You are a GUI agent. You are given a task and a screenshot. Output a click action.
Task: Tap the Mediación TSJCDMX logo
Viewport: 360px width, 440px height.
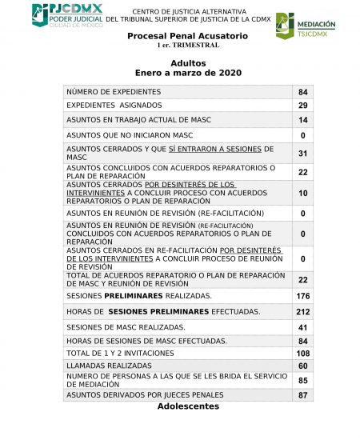tap(306, 26)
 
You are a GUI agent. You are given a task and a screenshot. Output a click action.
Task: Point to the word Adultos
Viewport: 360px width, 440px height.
tap(188, 62)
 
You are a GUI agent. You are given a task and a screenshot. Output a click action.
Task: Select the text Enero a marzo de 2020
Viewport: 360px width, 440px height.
tap(188, 73)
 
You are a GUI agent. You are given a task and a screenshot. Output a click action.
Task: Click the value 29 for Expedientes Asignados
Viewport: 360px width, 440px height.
tap(302, 106)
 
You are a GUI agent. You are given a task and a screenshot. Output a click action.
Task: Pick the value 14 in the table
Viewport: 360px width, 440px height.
tap(302, 120)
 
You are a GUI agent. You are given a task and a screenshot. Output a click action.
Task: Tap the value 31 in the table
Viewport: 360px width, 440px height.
tap(302, 153)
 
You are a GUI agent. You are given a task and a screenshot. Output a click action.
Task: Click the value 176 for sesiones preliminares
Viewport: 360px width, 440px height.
tap(302, 297)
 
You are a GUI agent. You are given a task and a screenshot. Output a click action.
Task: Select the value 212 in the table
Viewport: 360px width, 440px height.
tap(302, 311)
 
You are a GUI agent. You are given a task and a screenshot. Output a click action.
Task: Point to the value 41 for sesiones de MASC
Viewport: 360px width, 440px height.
tap(302, 327)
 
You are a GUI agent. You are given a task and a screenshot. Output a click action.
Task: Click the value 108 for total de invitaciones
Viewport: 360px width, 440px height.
tap(302, 353)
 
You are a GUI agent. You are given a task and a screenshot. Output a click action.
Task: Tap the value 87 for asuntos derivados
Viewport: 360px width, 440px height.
tap(302, 395)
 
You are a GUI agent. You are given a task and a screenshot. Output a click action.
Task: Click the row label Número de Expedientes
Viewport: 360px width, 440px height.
tap(113, 92)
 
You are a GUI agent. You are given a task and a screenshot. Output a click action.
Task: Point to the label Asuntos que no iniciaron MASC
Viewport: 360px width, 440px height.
tap(130, 135)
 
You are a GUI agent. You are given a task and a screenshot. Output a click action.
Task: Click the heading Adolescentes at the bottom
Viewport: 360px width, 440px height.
tap(188, 406)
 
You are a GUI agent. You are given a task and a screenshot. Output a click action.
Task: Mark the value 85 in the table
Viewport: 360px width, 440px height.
tap(302, 381)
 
